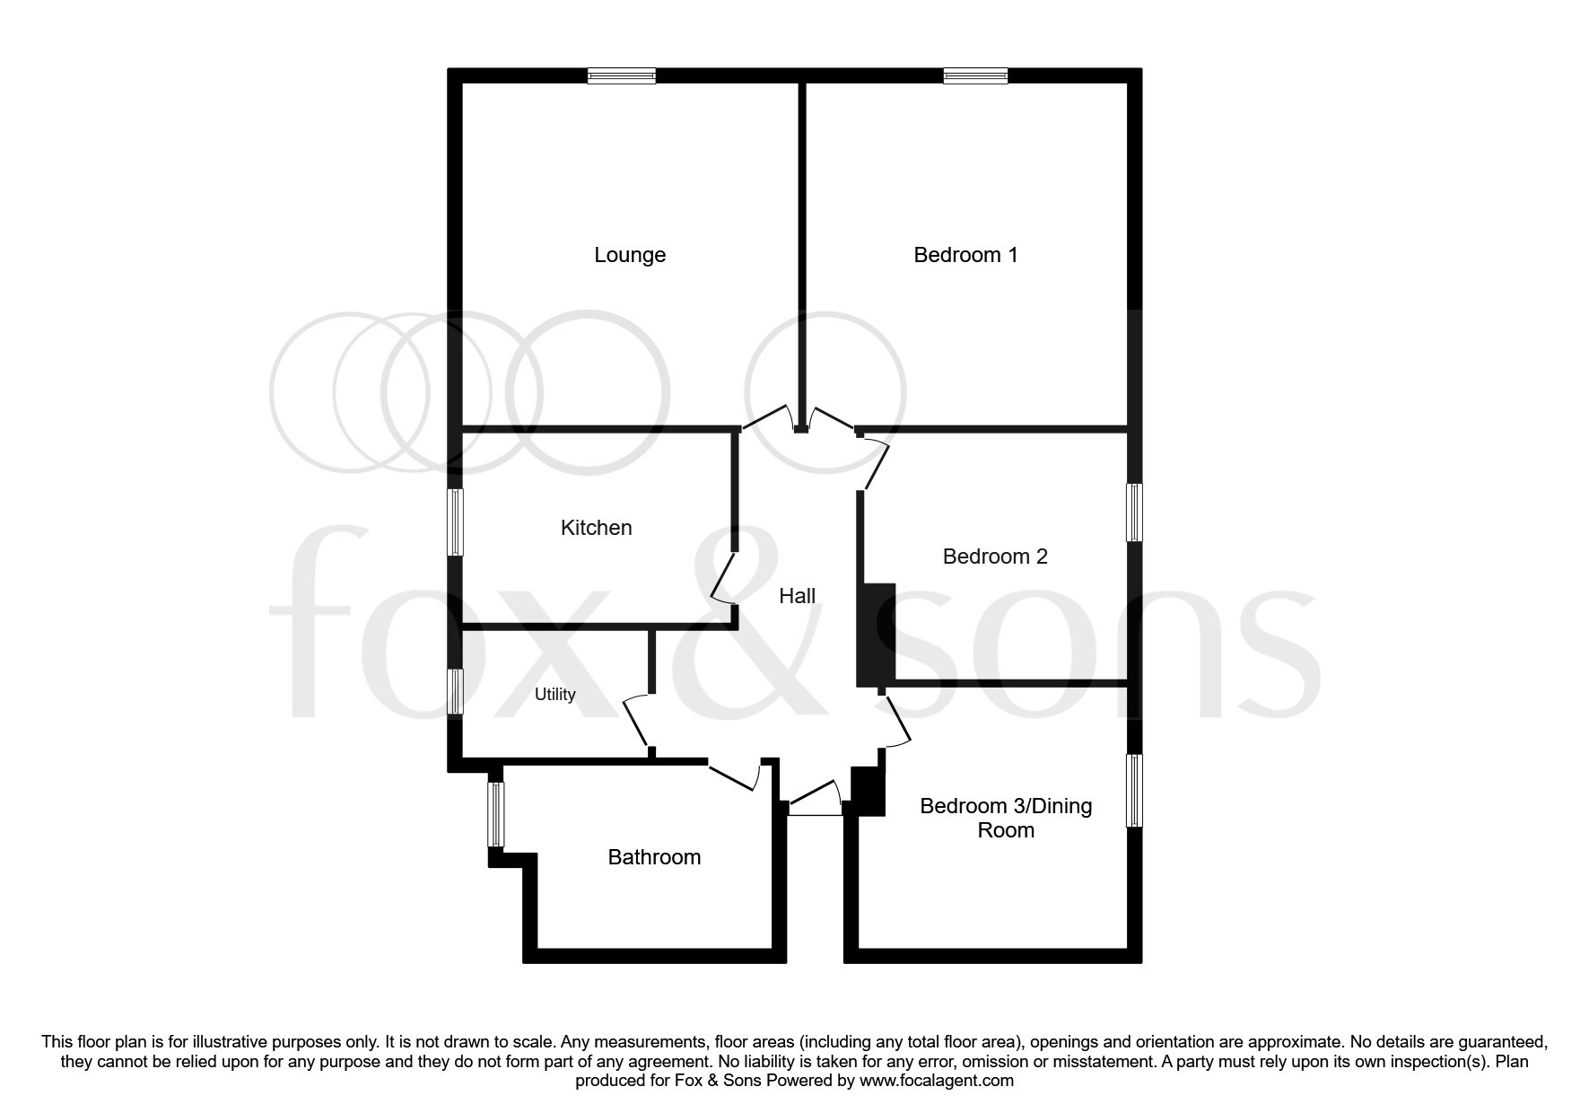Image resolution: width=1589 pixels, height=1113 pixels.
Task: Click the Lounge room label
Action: pos(630,255)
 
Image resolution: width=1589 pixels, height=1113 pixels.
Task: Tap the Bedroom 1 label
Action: pos(965,255)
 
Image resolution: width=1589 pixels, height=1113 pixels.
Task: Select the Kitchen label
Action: pos(596,528)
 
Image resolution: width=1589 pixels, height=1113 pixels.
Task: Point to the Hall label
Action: pos(797,596)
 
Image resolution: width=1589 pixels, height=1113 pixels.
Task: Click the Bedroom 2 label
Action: pos(995,556)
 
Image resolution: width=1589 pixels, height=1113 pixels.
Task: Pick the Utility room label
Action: pos(554,695)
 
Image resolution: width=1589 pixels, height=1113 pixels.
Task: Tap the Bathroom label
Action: pos(654,857)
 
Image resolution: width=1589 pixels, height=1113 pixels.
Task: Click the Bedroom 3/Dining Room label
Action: pos(1006,818)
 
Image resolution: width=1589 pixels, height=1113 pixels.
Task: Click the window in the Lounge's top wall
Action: pos(622,76)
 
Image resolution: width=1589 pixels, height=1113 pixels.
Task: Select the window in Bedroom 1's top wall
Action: pos(975,76)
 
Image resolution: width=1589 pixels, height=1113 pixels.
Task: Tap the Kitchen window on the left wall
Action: pos(456,521)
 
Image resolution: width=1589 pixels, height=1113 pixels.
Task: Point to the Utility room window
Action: pos(456,691)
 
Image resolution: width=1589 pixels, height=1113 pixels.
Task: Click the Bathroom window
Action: pos(495,814)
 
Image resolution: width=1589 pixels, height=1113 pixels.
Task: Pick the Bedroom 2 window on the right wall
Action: pos(1134,513)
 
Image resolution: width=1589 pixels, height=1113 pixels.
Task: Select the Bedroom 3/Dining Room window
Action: pos(1134,790)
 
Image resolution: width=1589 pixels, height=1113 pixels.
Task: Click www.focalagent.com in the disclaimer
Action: pos(937,1081)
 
